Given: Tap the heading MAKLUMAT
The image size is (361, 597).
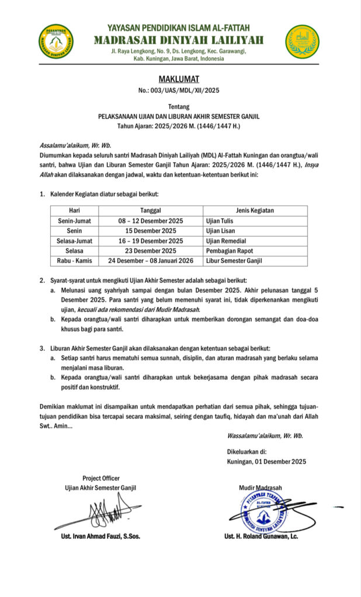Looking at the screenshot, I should (x=179, y=79).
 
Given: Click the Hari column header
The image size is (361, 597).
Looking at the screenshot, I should (x=74, y=210).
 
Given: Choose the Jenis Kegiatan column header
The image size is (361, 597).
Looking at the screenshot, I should (x=255, y=210).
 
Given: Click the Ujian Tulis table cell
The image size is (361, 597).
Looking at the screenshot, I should (x=219, y=221).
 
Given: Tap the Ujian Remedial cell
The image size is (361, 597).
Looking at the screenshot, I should (x=226, y=241).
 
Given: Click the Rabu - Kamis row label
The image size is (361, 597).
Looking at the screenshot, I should (x=74, y=261).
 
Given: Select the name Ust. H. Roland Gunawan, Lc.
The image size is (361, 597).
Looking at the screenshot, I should (x=261, y=536).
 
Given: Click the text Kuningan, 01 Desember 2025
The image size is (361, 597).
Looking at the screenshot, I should (x=266, y=462).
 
